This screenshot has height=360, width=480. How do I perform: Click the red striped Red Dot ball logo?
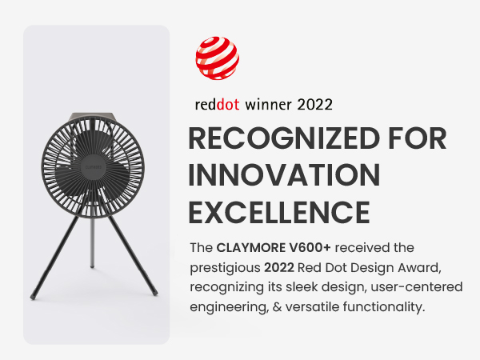coord(218,58)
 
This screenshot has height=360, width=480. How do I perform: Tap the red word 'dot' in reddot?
coord(228,105)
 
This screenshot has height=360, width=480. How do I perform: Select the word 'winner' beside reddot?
coord(268,105)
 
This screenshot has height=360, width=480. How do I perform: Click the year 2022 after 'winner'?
coord(314,105)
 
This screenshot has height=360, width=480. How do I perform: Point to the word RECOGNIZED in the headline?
coord(284,138)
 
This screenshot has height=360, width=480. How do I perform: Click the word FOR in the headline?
coord(418,138)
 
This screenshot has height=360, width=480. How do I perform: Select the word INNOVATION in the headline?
coord(284,175)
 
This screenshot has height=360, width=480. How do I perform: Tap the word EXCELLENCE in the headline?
coord(279,212)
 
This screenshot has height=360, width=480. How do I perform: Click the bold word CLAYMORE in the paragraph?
coord(251,248)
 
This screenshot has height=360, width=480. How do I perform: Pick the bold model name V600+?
coord(310,248)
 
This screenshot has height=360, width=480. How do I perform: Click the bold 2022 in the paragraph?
coord(279,267)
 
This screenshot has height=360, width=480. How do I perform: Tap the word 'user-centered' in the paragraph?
coord(417,287)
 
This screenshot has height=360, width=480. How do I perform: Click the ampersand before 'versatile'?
coord(277,306)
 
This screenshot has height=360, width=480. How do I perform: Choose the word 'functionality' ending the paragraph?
coord(384,307)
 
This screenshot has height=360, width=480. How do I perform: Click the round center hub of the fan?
coord(93,167)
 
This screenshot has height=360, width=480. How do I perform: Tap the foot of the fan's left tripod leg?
coord(33,297)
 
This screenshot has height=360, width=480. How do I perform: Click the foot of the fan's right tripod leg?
coord(155,294)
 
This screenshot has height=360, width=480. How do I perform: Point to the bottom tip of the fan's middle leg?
coord(92,266)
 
